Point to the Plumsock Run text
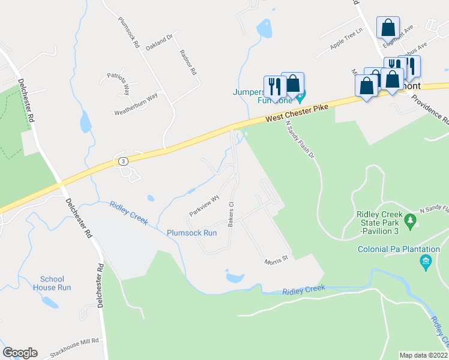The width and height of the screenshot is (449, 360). [x=191, y=233]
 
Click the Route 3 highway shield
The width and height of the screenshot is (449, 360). [x=123, y=162]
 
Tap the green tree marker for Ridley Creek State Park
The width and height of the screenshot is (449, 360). [x=411, y=221]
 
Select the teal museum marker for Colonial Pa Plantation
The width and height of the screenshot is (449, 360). [x=426, y=261]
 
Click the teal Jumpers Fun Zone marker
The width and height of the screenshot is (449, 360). [x=300, y=95]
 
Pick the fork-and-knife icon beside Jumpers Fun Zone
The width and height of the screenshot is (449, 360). [x=273, y=86]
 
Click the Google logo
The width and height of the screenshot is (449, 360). [x=20, y=353]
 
